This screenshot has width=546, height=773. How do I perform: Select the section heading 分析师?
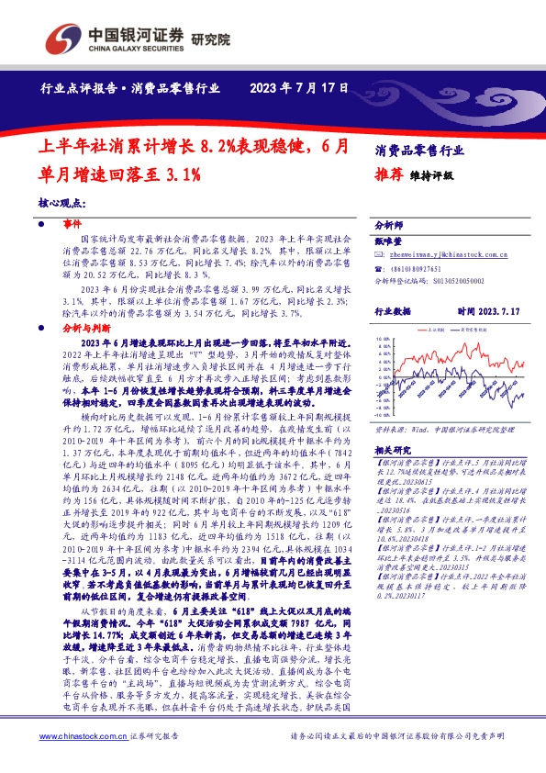point(390,224)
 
